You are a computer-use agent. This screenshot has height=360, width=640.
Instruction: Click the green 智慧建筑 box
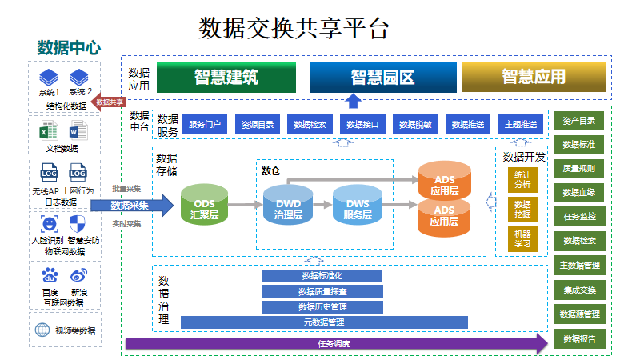[226, 77]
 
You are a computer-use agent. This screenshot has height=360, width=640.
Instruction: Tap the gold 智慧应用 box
[534, 77]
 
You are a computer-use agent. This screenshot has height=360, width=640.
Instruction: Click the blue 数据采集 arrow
[132, 206]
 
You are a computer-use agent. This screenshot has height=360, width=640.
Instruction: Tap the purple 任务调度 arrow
[336, 343]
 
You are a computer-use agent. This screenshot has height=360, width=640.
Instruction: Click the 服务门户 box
[205, 124]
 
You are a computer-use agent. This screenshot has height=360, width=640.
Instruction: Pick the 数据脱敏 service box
[416, 124]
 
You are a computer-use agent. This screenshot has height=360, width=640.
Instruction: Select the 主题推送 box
[522, 124]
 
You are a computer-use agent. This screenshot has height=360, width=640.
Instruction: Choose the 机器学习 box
[522, 238]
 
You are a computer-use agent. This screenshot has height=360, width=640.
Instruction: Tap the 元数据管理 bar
[324, 322]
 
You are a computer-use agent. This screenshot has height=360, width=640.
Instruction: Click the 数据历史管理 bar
[322, 306]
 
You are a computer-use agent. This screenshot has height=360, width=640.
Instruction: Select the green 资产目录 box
[578, 121]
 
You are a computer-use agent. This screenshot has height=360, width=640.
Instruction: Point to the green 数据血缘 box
[578, 193]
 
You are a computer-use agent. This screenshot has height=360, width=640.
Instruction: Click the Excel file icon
[50, 130]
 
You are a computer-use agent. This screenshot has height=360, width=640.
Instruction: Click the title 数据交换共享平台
[294, 29]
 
